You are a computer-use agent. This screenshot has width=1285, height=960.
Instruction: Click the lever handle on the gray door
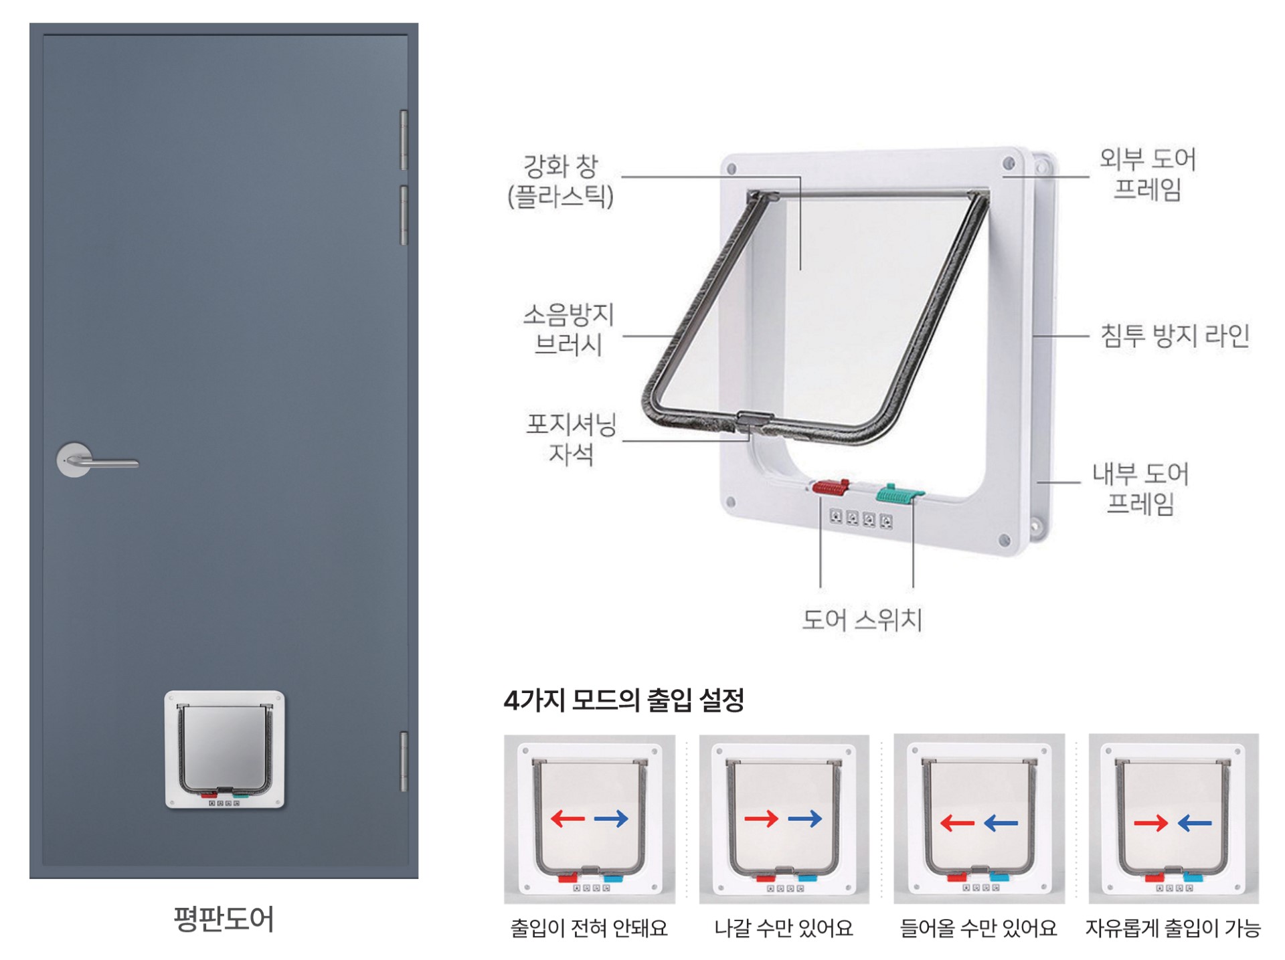(97, 460)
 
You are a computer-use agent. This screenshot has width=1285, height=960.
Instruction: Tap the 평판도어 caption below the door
(224, 919)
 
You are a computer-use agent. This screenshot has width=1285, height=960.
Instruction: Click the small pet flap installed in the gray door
(225, 749)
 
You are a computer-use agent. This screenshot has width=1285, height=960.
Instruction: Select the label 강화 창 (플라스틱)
(560, 181)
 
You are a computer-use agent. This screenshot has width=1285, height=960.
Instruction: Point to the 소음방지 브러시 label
(568, 329)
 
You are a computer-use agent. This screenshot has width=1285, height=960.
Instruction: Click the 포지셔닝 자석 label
(571, 439)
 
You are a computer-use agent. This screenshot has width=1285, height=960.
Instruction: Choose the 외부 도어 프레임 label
(1147, 174)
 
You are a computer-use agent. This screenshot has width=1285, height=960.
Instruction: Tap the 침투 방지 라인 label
(1175, 336)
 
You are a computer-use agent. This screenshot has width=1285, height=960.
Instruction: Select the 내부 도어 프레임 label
(1140, 488)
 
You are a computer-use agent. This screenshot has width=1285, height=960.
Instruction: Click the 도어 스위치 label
(861, 619)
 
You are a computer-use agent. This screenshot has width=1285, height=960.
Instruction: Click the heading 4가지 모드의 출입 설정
(624, 700)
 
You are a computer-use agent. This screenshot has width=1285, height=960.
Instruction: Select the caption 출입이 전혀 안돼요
(589, 929)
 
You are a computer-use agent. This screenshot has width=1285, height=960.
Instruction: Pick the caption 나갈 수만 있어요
(784, 929)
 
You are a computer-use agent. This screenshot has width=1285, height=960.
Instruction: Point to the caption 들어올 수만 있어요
(978, 929)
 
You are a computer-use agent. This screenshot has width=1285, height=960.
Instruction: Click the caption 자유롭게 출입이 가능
(1173, 929)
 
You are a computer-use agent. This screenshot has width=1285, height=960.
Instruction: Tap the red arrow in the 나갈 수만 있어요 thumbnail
(761, 818)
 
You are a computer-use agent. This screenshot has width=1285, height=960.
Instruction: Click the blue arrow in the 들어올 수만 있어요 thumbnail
(1001, 823)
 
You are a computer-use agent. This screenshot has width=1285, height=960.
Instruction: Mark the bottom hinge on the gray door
(404, 762)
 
